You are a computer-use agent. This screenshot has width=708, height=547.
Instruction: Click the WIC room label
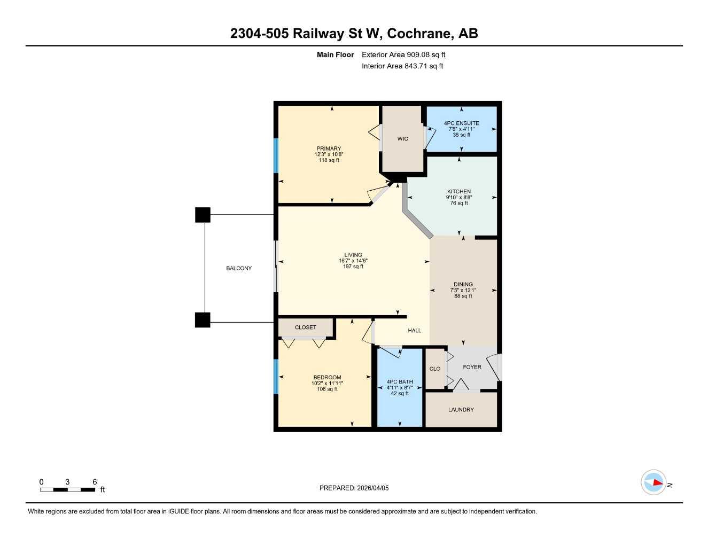(x=402, y=139)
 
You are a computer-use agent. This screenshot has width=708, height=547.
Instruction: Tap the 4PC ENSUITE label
(x=461, y=123)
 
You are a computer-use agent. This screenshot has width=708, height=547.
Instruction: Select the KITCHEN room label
(x=459, y=192)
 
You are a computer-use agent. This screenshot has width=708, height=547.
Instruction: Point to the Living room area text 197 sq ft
(x=353, y=267)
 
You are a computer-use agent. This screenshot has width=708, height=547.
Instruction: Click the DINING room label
(x=463, y=285)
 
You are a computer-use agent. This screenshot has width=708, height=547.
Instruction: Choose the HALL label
(x=415, y=331)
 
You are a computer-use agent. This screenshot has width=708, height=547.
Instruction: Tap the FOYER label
(x=472, y=367)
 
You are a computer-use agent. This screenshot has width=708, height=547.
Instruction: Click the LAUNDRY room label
(x=461, y=410)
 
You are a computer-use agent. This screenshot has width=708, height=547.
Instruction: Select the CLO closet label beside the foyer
(x=435, y=369)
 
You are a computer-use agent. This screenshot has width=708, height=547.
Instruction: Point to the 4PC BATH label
(x=400, y=382)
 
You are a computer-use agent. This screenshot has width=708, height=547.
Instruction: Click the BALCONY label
(x=239, y=268)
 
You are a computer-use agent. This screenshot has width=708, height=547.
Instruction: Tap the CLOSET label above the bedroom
(x=306, y=327)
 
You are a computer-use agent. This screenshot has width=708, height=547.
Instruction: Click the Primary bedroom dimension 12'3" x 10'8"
(x=329, y=154)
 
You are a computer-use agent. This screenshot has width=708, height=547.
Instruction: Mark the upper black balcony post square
(x=203, y=215)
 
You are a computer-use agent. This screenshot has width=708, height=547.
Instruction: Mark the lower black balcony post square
(x=203, y=320)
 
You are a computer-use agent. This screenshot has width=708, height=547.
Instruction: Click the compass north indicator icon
(x=654, y=482)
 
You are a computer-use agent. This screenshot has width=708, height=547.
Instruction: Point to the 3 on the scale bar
(x=67, y=482)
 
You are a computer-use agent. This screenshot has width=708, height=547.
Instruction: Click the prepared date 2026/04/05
(x=372, y=488)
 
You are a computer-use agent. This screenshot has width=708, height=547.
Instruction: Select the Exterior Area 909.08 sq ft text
(x=403, y=54)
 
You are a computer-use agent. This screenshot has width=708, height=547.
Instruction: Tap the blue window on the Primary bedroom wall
(x=276, y=155)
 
